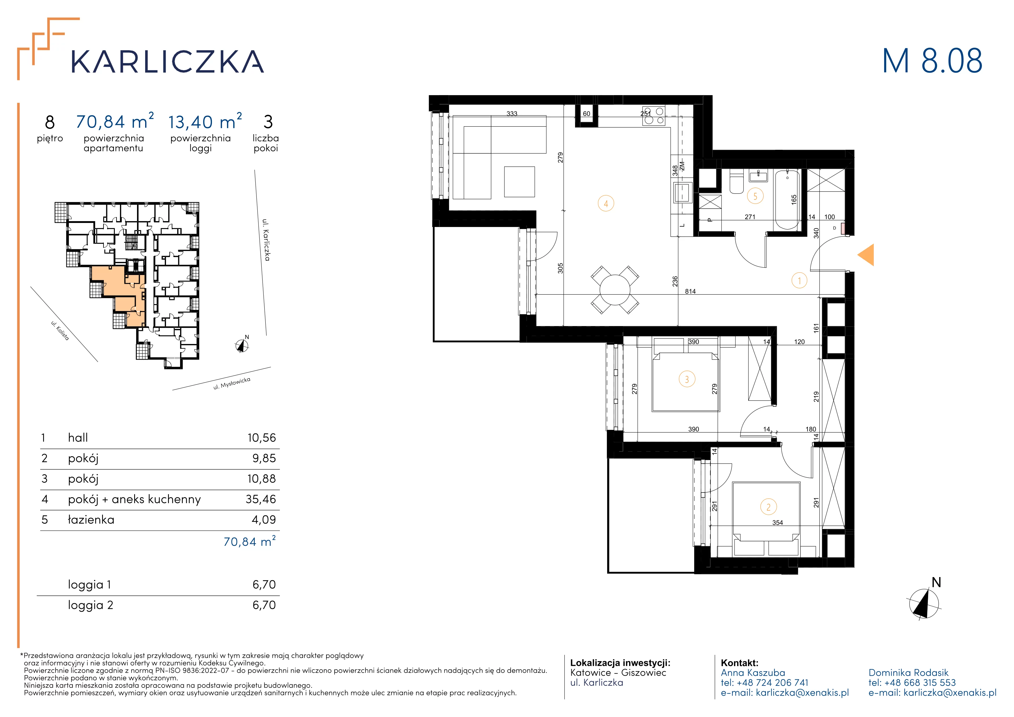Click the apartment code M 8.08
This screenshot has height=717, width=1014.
(932, 61)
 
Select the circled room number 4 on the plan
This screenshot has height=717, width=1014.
(606, 204)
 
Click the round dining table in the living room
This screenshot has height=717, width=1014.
(615, 290)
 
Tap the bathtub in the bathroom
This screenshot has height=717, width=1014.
(787, 199)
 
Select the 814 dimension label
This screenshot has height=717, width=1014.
(690, 291)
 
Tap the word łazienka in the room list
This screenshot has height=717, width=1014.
(91, 520)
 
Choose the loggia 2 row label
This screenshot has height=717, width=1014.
(90, 605)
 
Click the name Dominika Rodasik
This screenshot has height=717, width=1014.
(908, 673)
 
